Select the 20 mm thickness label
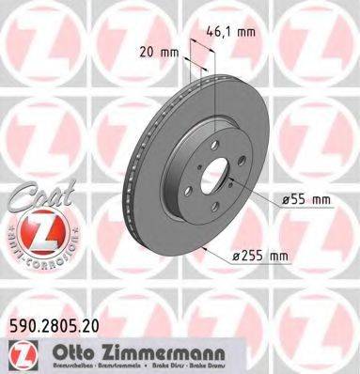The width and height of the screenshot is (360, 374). (x=156, y=53)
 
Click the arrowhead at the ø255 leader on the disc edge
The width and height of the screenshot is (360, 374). (x=201, y=246)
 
